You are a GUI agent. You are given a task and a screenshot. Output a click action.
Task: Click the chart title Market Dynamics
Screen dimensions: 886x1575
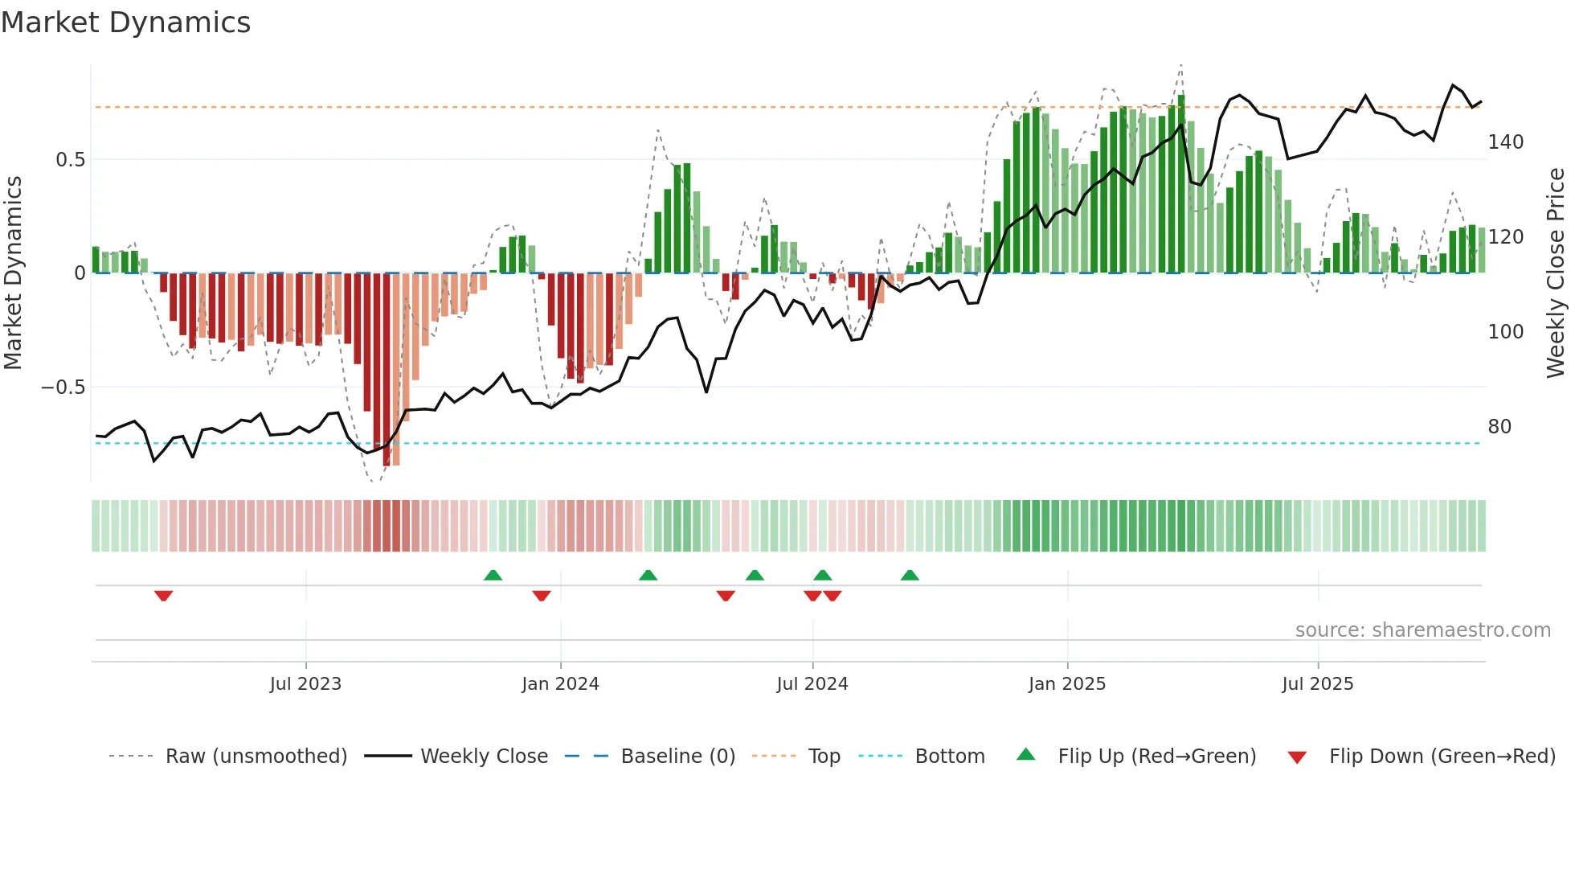pyautogui.click(x=125, y=23)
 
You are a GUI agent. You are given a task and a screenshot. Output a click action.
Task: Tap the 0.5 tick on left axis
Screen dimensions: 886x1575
pyautogui.click(x=70, y=160)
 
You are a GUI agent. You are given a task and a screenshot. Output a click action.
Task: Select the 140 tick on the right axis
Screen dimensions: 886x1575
pyautogui.click(x=1505, y=142)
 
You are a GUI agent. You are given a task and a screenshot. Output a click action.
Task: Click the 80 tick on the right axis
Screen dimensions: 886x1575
pyautogui.click(x=1499, y=427)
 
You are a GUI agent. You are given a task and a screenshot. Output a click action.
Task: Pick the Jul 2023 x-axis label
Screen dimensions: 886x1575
pyautogui.click(x=305, y=684)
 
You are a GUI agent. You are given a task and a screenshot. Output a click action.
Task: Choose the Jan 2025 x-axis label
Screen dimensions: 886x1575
pyautogui.click(x=1066, y=684)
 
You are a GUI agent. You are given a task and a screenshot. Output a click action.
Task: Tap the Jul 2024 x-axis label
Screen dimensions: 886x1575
pyautogui.click(x=812, y=684)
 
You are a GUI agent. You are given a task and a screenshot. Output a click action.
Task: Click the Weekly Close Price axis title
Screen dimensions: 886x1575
pyautogui.click(x=1556, y=273)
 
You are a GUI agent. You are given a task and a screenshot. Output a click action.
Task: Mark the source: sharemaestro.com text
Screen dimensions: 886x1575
pyautogui.click(x=1422, y=630)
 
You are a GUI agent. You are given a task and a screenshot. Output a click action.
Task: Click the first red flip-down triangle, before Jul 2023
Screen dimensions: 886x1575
pyautogui.click(x=164, y=596)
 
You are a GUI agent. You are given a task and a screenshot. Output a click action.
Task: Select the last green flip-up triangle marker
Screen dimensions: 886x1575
pyautogui.click(x=910, y=575)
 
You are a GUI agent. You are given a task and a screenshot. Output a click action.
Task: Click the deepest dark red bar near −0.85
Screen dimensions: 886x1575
pyautogui.click(x=387, y=370)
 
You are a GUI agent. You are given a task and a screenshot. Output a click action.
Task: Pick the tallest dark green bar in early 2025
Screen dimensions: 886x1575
pyautogui.click(x=1180, y=185)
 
